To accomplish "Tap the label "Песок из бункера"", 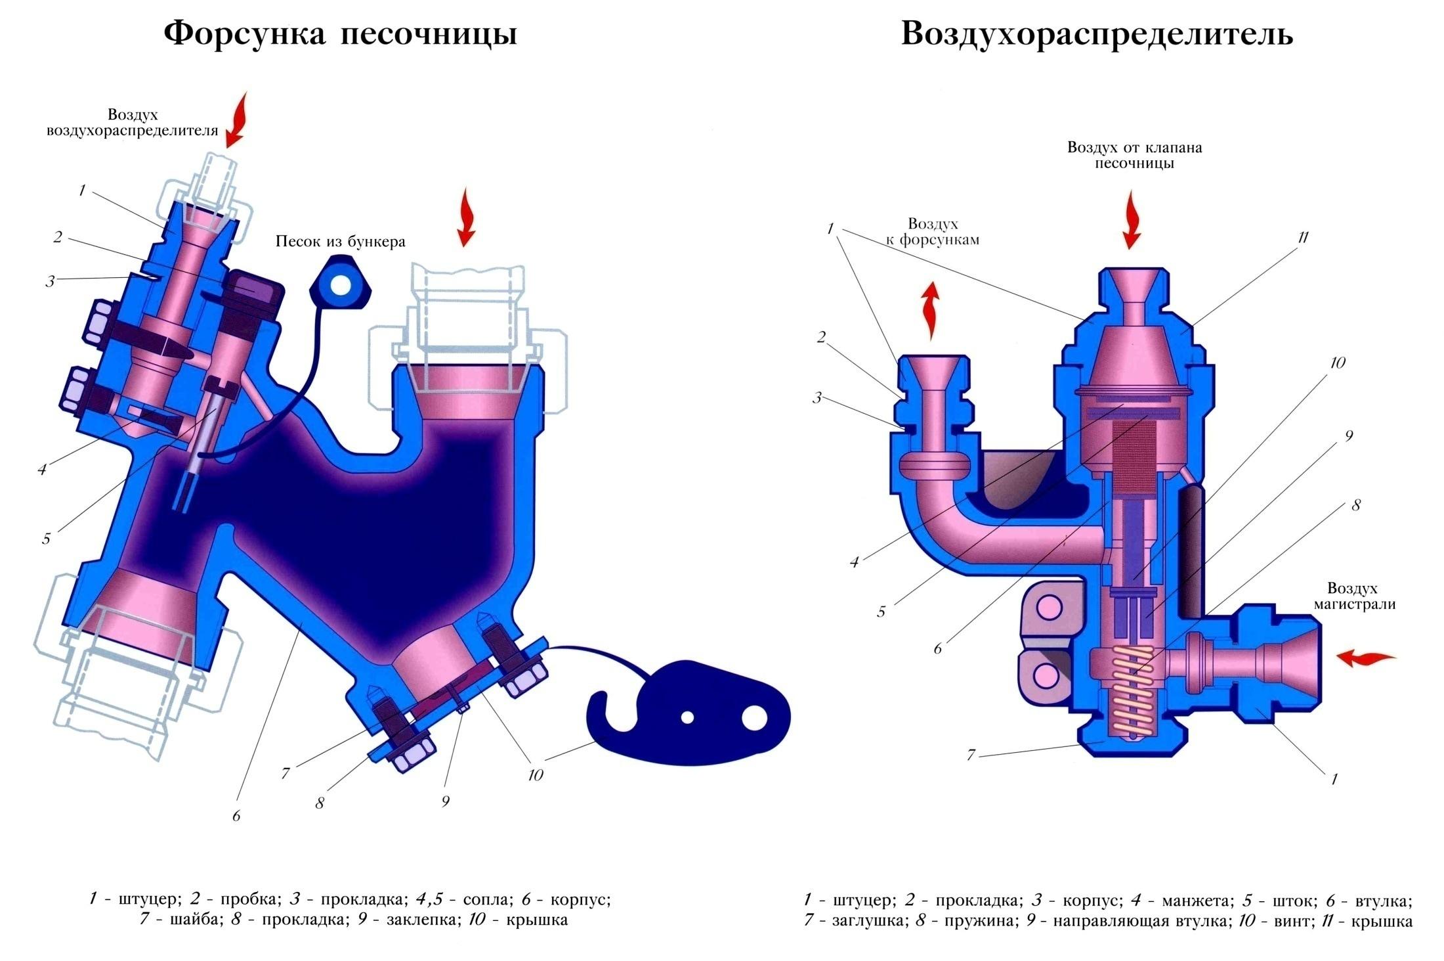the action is pyautogui.click(x=340, y=242).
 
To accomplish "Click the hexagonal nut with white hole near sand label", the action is pyautogui.click(x=340, y=284).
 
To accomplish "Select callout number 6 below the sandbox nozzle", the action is pyautogui.click(x=236, y=816).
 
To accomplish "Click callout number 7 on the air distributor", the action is pyautogui.click(x=971, y=755).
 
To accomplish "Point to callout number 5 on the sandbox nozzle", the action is pyautogui.click(x=46, y=539).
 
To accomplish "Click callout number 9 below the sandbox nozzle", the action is pyautogui.click(x=446, y=801).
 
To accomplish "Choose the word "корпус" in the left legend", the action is pyautogui.click(x=580, y=899).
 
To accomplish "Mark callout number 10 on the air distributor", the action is pyautogui.click(x=1337, y=363).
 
